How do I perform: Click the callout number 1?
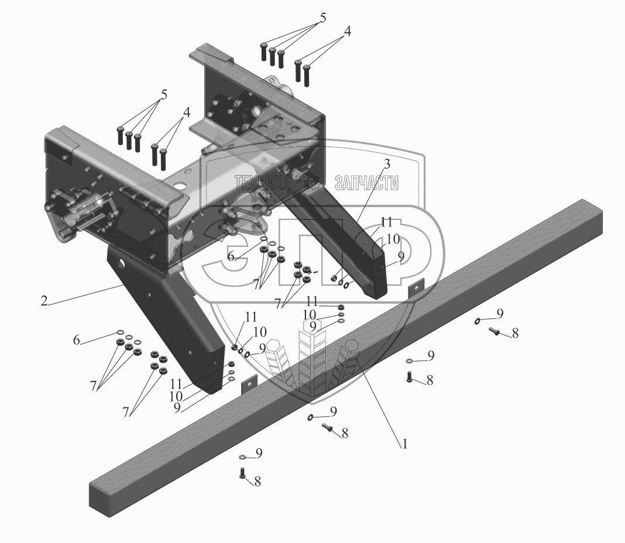404,444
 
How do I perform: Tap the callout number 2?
44,301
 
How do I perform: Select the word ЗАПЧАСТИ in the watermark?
366,183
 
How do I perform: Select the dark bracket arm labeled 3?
345,246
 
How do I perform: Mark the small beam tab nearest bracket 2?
249,383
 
